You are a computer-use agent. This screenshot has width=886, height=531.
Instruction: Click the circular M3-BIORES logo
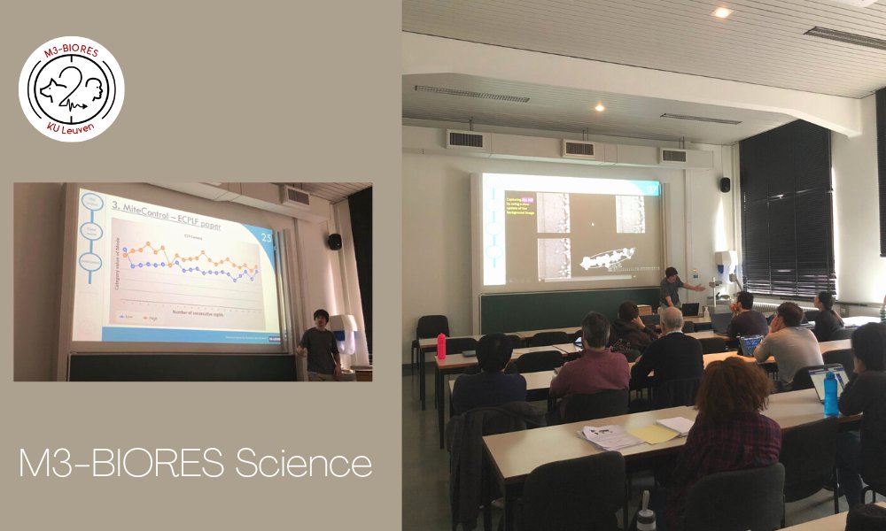pyautogui.click(x=71, y=88)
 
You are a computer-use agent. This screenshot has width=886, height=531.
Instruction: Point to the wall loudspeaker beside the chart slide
pyautogui.click(x=334, y=242)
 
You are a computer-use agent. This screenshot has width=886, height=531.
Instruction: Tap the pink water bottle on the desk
pyautogui.click(x=441, y=346)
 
